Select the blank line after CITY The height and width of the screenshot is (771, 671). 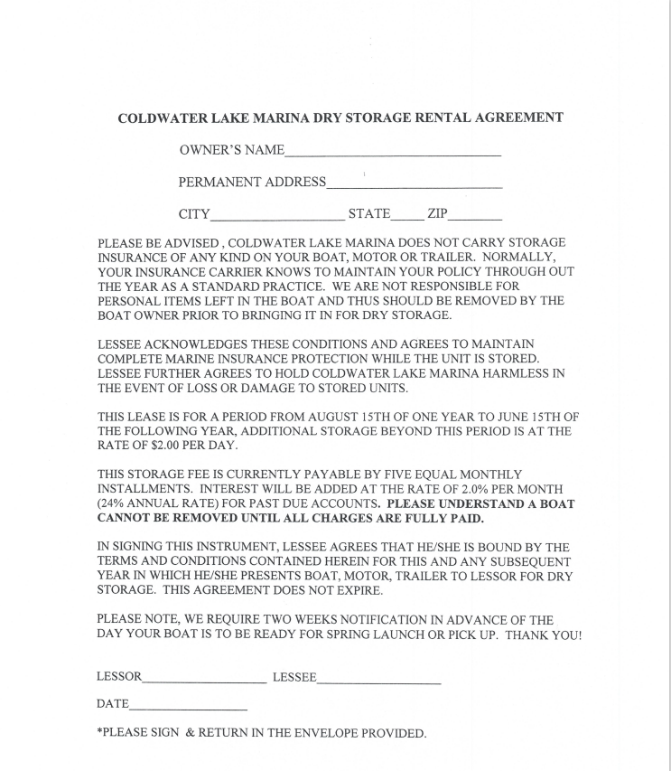pos(276,216)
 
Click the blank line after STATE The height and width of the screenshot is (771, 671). pos(406,216)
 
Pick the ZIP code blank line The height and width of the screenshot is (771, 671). pos(475,216)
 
